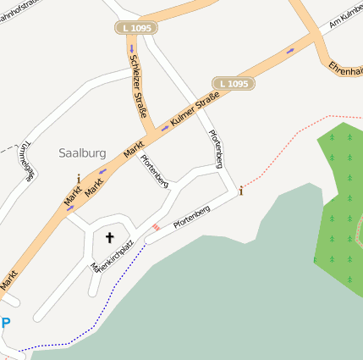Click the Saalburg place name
click(82, 153)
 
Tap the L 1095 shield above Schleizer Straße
click(135, 28)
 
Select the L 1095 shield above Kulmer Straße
click(233, 83)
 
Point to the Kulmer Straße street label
click(195, 113)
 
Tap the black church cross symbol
click(109, 238)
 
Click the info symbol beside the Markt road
click(79, 179)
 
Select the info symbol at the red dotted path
click(241, 190)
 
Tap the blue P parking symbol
click(6, 323)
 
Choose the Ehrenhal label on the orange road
click(344, 68)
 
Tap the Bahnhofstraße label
click(20, 11)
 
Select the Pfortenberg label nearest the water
click(190, 216)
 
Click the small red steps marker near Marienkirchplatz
click(155, 227)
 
